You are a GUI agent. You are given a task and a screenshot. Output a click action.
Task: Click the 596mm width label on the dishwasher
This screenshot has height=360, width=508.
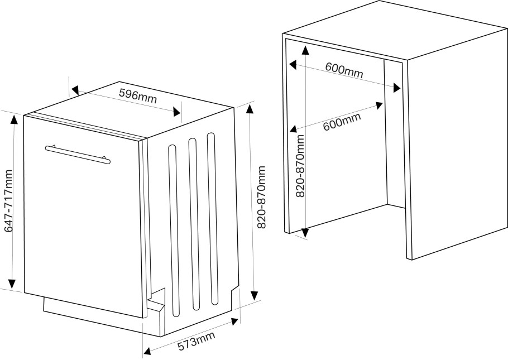pyautogui.click(x=138, y=95)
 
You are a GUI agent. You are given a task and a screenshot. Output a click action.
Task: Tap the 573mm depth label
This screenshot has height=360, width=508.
pyautogui.click(x=197, y=340)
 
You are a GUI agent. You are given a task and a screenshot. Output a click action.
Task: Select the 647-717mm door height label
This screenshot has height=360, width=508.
pyautogui.click(x=8, y=201)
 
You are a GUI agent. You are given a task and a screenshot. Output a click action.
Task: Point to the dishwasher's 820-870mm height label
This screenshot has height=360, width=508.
pyautogui.click(x=261, y=197)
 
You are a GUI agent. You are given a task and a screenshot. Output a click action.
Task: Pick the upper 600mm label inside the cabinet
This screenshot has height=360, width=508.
pyautogui.click(x=344, y=70)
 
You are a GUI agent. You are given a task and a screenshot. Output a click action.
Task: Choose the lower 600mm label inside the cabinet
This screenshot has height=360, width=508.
pyautogui.click(x=342, y=122)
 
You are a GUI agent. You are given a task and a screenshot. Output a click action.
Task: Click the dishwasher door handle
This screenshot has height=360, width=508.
pyautogui.click(x=78, y=155)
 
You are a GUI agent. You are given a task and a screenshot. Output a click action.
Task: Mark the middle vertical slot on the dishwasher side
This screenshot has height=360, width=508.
pyautogui.click(x=193, y=224)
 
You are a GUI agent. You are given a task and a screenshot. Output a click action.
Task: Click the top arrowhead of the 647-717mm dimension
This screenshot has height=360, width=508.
pyautogui.click(x=13, y=119)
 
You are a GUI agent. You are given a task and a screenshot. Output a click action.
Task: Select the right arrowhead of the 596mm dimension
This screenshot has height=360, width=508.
pyautogui.click(x=176, y=112)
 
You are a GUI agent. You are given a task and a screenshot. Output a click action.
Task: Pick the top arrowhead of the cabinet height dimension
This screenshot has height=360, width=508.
pyautogui.click(x=305, y=50)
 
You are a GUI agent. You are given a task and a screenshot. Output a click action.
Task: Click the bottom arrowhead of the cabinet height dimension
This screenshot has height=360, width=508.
pyautogui.click(x=305, y=233)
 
